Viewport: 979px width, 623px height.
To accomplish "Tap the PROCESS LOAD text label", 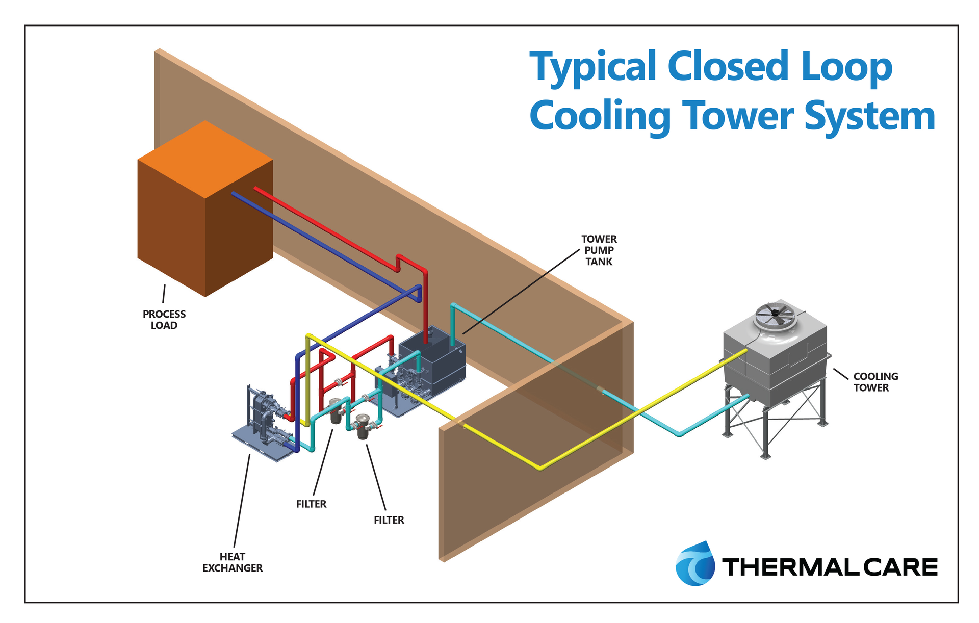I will point(164,320).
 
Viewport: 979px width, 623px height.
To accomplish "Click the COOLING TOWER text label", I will point(875,382).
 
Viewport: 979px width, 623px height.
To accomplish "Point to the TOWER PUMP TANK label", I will point(599,250).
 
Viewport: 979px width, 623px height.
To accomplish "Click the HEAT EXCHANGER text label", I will point(233,562).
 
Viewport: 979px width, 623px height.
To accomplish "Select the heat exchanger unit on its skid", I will point(263,423).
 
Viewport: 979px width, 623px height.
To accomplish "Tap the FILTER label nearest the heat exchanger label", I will point(311,504).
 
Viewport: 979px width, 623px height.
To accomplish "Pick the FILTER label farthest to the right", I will point(389,520).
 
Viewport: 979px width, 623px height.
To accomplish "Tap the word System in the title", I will point(869,116).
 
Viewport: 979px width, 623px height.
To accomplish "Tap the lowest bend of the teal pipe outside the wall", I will point(679,434).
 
